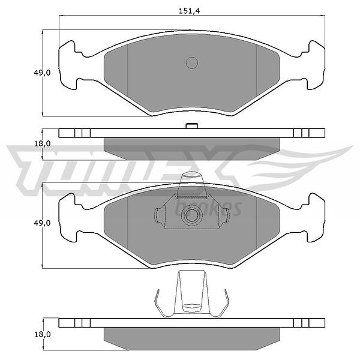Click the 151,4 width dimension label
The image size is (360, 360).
(x=189, y=11)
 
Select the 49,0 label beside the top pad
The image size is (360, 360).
(x=42, y=73)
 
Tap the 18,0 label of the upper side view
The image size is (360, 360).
(x=42, y=144)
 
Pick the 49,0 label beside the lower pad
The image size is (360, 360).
(x=42, y=223)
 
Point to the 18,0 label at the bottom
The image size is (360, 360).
(x=43, y=335)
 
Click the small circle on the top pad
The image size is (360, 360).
(x=192, y=62)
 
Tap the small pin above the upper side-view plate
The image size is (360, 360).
(x=192, y=126)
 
